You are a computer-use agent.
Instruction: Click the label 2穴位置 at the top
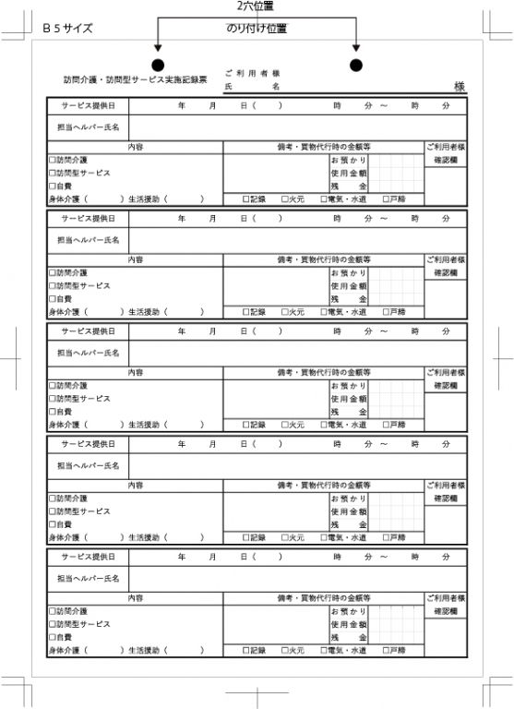coord(256,6)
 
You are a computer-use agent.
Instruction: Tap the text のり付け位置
coord(257,29)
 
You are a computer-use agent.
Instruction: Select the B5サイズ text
coord(67,29)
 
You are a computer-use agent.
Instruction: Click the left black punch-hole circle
coord(158,65)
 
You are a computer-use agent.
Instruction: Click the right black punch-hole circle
coord(356,65)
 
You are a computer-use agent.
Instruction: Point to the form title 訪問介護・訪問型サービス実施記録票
coord(136,80)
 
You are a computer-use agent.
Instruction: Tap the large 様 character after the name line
coord(459,86)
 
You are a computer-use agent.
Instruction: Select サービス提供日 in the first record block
coord(89,106)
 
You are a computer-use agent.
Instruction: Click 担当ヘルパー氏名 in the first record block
coord(89,126)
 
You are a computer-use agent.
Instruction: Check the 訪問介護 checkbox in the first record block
coord(53,160)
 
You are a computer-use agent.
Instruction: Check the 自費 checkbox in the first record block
coord(53,186)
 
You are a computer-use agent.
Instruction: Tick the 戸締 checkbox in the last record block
coord(388,650)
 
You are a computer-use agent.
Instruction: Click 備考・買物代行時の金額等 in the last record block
coord(323,597)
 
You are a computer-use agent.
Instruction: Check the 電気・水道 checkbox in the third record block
coord(325,424)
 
